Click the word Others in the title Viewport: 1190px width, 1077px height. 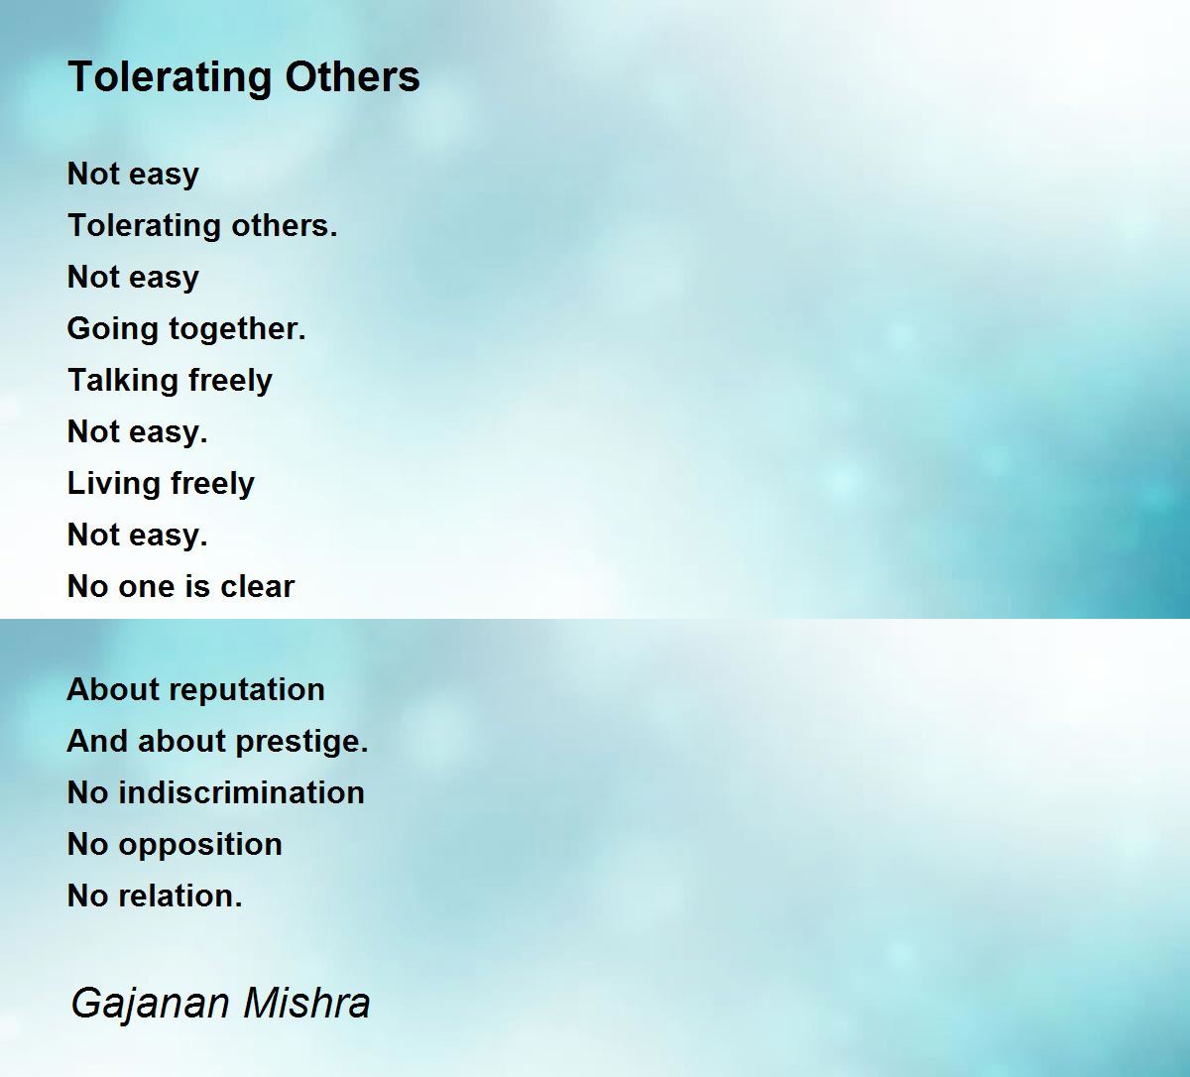tap(352, 76)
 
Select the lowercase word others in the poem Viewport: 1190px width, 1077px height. tap(285, 225)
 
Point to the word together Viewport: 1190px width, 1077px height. tap(237, 329)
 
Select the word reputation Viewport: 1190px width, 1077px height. tap(250, 690)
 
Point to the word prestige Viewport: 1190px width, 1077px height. tap(301, 743)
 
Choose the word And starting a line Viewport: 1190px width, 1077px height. tap(97, 741)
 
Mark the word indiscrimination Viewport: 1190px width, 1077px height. tap(241, 792)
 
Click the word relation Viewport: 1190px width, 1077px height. tap(180, 897)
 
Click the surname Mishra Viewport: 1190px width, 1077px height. tap(306, 1003)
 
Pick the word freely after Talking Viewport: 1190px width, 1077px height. tap(222, 381)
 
